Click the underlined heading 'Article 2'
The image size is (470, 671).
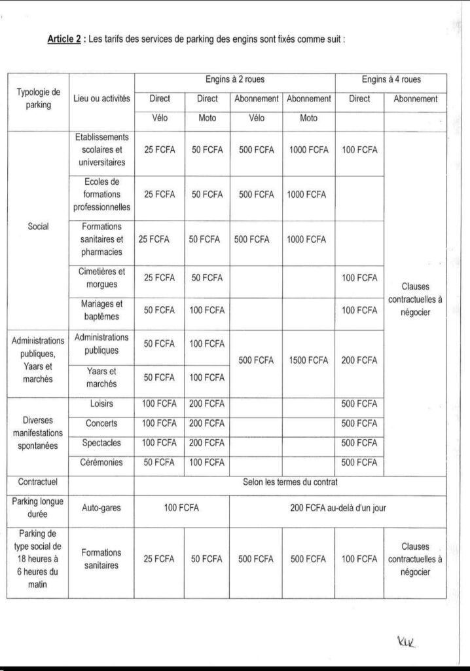click(64, 39)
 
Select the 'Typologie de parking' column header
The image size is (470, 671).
click(38, 98)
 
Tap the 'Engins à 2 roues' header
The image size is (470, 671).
click(234, 80)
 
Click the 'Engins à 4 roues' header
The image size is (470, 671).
click(391, 80)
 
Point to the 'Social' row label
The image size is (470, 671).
click(38, 226)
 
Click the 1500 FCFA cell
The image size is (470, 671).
click(308, 360)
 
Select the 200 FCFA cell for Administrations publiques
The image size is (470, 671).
click(359, 360)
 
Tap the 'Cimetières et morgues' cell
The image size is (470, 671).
click(101, 278)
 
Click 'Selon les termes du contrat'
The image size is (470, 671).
click(290, 482)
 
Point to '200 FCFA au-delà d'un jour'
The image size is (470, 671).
click(338, 507)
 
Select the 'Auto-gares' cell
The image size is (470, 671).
click(101, 507)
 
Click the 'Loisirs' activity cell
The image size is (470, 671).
click(101, 404)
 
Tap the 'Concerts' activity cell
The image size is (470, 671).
click(101, 423)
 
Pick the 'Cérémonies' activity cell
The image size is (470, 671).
click(101, 462)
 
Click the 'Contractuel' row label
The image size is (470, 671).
click(38, 482)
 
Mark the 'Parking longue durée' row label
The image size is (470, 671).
click(38, 507)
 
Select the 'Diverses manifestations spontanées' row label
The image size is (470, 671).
click(38, 432)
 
